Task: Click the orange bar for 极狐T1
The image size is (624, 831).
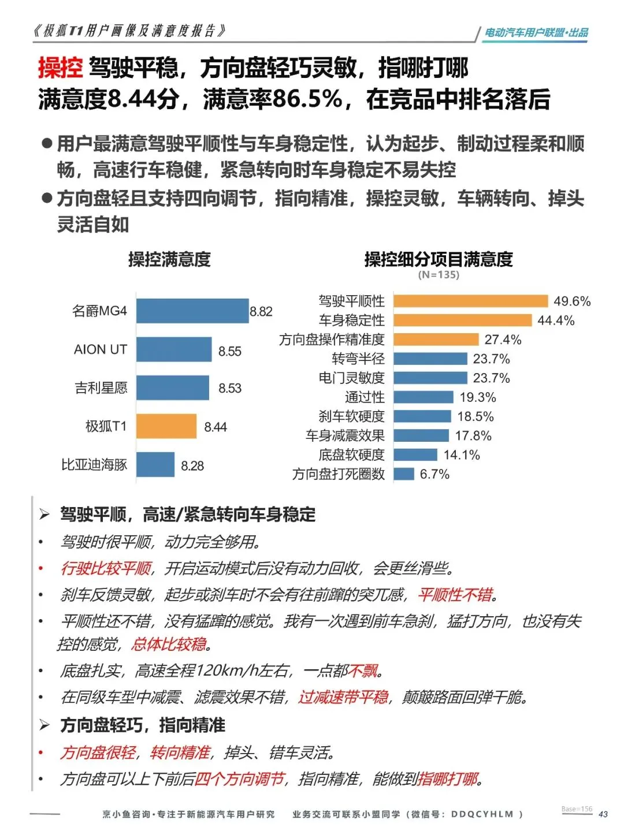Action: click(166, 426)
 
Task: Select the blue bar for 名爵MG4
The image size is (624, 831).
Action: click(192, 311)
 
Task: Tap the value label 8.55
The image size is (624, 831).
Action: click(230, 351)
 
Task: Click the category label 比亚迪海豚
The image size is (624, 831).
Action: click(94, 465)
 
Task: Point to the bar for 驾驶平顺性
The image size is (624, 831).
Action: click(470, 301)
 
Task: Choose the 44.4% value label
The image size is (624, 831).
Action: click(556, 321)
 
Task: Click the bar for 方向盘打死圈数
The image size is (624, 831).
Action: click(404, 474)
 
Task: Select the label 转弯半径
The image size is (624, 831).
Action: click(358, 359)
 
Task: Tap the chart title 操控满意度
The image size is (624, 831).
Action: click(169, 259)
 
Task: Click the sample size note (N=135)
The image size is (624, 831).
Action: click(439, 275)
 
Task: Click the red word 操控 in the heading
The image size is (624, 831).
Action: click(60, 68)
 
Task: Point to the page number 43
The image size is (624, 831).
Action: click(603, 814)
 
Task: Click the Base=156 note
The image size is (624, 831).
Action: click(577, 808)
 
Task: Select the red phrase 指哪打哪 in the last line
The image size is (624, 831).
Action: click(448, 779)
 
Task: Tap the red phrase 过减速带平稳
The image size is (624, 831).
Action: click(343, 697)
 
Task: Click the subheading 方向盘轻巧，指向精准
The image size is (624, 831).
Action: click(142, 725)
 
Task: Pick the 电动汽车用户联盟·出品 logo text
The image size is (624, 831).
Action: click(536, 33)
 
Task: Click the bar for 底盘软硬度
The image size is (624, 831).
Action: click(415, 455)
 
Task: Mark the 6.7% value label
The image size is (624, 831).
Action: click(434, 474)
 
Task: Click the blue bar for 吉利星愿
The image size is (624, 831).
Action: click(173, 387)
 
